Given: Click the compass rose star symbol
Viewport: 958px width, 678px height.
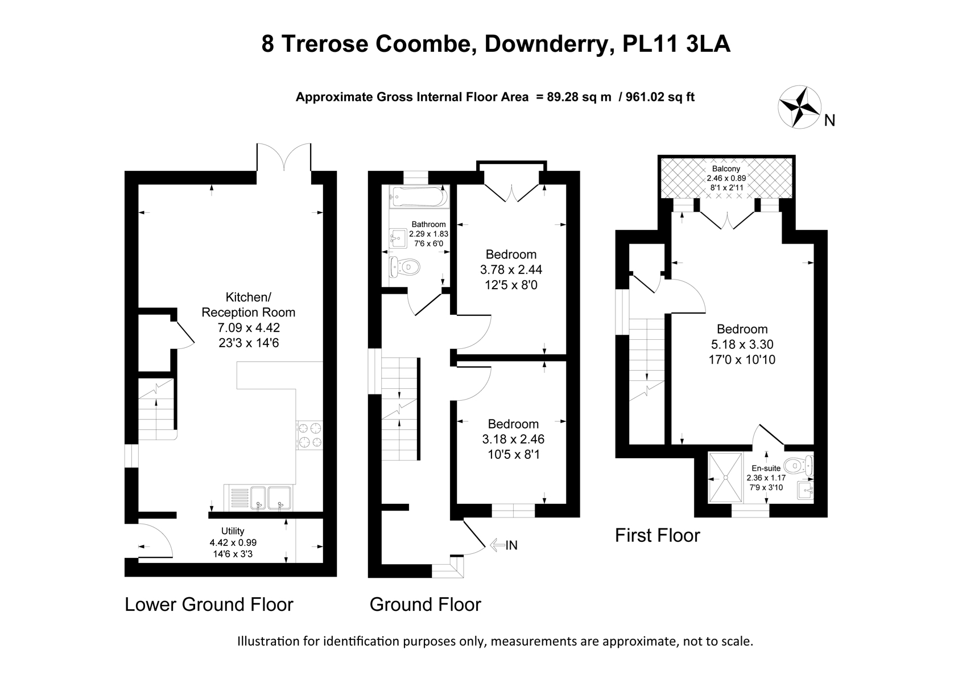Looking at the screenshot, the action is pos(799,106).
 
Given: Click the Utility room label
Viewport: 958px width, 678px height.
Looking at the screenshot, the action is pos(233,531).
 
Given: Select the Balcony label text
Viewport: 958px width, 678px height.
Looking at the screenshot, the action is pos(726,169).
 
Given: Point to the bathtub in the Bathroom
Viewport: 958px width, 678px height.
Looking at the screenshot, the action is pos(419,197).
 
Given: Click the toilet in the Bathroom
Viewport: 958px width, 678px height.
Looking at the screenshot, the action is pos(405,266).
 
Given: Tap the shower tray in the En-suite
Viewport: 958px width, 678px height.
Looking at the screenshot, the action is pos(725,478).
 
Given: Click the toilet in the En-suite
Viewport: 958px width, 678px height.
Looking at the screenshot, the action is pos(801,466).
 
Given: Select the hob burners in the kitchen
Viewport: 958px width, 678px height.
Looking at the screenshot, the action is pos(309,434).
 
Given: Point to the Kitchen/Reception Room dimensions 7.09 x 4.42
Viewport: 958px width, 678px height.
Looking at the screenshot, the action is pos(249,327).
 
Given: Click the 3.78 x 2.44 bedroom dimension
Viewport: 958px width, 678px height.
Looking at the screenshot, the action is pos(511,269).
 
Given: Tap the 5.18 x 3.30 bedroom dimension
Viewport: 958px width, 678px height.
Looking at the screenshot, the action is pos(742,344).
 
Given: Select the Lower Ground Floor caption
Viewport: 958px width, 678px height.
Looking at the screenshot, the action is pos(209,604).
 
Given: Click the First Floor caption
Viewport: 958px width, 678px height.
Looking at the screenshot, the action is pos(657,535).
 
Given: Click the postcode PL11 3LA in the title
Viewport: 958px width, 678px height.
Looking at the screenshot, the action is pos(676,44).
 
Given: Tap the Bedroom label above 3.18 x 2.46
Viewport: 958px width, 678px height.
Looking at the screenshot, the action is pos(513,424).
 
